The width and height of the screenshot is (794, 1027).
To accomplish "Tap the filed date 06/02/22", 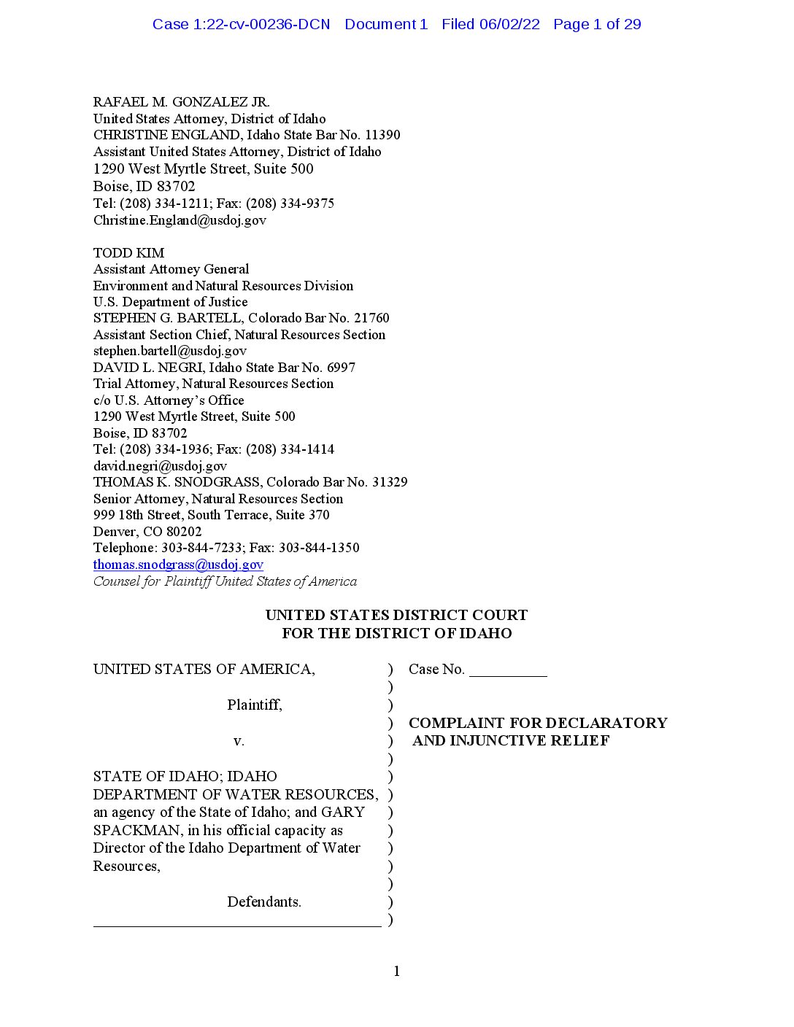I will (509, 24).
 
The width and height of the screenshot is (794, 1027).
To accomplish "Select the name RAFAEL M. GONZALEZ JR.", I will (181, 102).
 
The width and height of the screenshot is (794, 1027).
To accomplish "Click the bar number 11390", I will (382, 135).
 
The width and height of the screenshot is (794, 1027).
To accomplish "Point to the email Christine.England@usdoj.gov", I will (180, 220).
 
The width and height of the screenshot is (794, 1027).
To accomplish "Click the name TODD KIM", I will (128, 253).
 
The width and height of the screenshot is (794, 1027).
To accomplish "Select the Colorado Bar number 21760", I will (371, 318).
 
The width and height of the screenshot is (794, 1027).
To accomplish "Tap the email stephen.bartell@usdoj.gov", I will (169, 351).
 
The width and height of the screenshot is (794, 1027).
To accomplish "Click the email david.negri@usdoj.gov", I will (160, 466).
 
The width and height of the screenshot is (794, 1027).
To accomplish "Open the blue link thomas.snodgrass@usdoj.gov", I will (178, 565).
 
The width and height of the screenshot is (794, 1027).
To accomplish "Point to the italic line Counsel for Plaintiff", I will (225, 581).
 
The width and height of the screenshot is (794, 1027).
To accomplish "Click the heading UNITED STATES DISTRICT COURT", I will (396, 615).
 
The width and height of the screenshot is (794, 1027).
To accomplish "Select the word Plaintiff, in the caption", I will (254, 705).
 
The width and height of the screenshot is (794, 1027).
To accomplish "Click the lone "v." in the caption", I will (239, 741).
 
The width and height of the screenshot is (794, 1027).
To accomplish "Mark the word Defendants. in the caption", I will (263, 902).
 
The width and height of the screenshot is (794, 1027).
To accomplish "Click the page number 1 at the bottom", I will (396, 971).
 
